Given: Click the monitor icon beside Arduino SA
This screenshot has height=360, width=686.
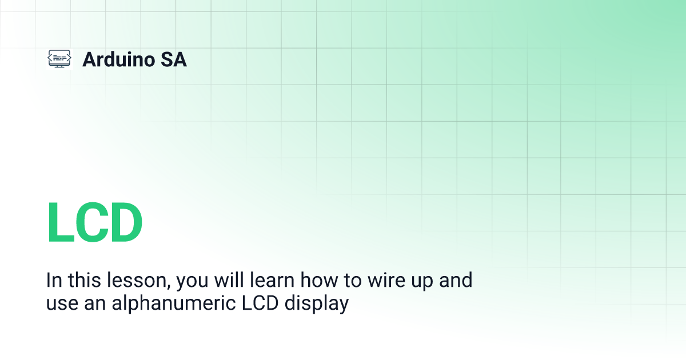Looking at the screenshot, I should click(x=59, y=59).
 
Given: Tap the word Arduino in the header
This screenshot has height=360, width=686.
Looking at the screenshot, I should click(x=118, y=59).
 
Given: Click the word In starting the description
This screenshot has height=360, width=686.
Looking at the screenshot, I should click(x=54, y=281).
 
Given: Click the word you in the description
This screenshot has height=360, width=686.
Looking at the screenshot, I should click(x=192, y=282).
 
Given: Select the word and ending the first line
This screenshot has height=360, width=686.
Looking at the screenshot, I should click(x=454, y=281).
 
